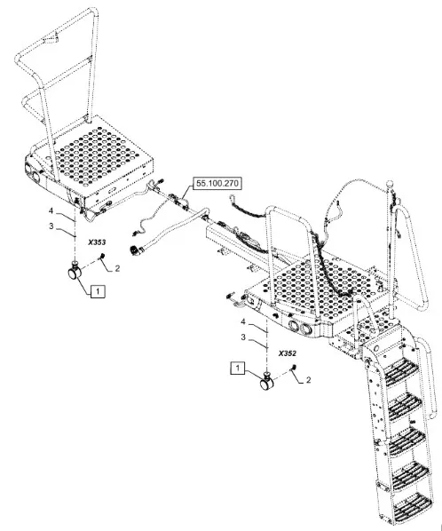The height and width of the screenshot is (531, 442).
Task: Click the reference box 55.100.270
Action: click(217, 184)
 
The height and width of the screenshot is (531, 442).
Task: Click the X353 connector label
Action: click(97, 242)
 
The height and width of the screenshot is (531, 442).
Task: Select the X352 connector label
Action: click(288, 353)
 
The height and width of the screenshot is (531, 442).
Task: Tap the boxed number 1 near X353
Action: click(98, 291)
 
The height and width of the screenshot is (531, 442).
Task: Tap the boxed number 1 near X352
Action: click(238, 369)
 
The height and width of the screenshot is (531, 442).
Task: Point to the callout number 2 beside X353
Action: click(117, 268)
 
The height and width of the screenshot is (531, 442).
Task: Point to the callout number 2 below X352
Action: click(308, 380)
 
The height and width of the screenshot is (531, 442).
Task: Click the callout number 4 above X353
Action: click(51, 211)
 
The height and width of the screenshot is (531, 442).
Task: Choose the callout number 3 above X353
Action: click(51, 226)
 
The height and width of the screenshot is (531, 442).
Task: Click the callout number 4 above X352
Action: click(242, 321)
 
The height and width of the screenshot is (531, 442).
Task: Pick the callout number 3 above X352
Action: click(243, 337)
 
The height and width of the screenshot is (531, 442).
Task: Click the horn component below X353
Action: click(75, 271)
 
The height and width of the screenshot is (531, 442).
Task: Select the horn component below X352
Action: click(266, 381)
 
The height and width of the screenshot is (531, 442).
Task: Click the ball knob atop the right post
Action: click(390, 184)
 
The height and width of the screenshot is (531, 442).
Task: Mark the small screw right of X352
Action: click(294, 368)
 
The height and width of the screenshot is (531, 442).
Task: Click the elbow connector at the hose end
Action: click(136, 250)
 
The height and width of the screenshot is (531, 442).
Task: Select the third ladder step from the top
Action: click(406, 438)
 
